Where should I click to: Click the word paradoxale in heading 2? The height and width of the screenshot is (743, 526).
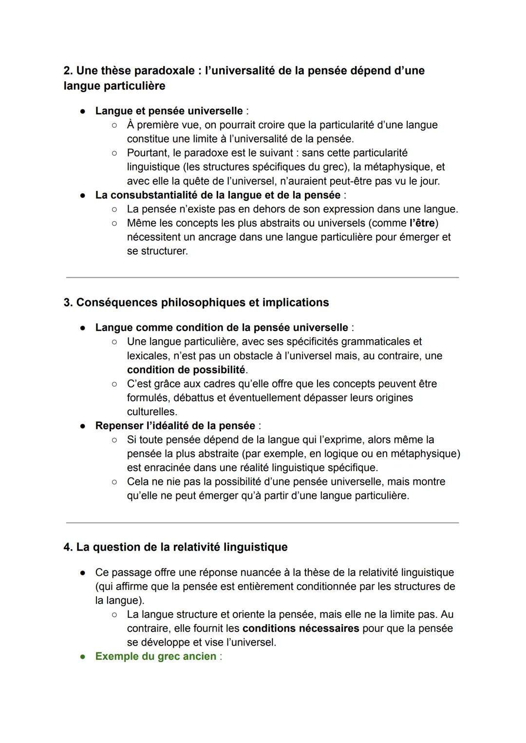(x=164, y=71)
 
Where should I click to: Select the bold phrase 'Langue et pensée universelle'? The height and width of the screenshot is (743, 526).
(x=169, y=111)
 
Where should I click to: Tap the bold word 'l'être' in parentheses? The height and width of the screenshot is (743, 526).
(x=422, y=223)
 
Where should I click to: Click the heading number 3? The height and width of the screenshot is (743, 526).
(x=68, y=303)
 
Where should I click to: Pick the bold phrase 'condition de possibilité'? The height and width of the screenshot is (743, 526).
(x=186, y=370)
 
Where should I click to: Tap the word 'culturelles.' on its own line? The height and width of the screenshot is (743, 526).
(x=152, y=412)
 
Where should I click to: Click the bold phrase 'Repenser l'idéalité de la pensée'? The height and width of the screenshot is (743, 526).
(x=175, y=426)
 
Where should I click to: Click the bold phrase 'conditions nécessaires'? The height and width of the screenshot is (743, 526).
(x=301, y=629)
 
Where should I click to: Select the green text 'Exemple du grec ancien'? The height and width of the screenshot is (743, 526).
(x=155, y=656)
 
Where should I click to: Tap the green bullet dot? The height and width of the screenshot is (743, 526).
(x=83, y=657)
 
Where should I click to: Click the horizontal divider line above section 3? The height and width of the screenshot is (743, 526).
(x=262, y=278)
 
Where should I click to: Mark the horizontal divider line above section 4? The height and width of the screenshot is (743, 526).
(x=262, y=523)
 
